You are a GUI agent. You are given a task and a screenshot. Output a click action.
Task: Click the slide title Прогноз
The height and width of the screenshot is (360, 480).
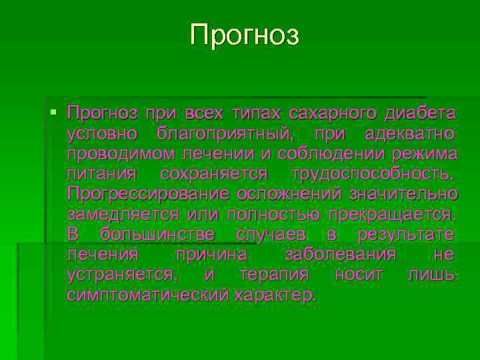(245, 35)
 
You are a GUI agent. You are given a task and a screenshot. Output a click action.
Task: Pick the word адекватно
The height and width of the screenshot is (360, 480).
(411, 133)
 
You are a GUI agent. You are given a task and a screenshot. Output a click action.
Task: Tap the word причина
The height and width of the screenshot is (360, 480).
(211, 255)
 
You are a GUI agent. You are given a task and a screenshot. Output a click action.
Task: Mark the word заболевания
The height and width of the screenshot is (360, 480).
(341, 255)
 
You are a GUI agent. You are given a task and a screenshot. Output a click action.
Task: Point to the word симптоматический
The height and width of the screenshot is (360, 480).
(147, 295)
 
